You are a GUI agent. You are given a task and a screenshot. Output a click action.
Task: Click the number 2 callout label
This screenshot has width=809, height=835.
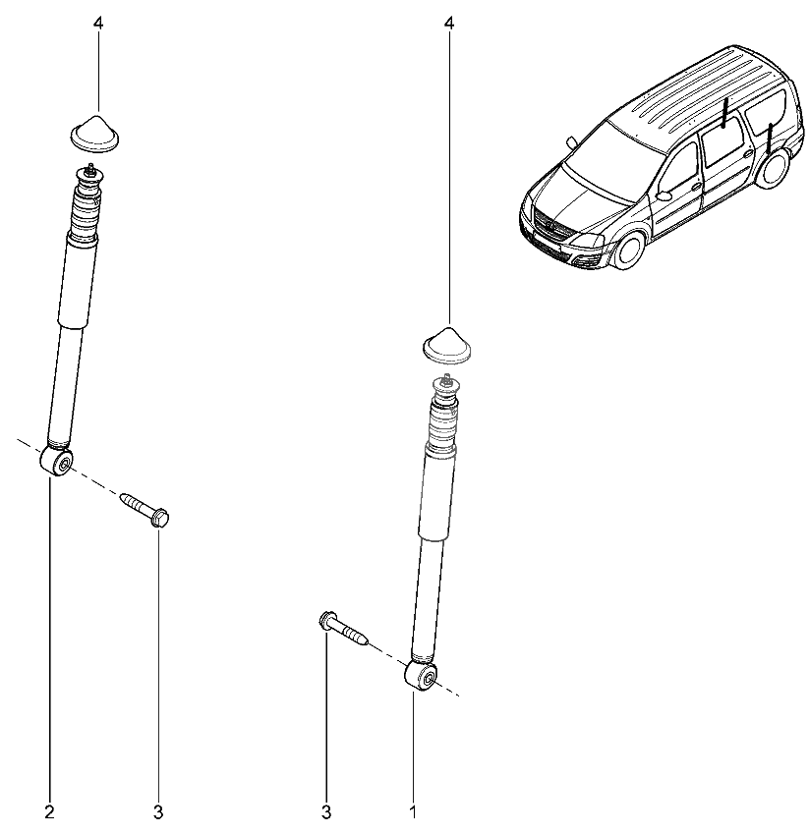tap(49, 812)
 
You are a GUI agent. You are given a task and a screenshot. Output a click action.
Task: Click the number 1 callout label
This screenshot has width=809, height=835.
tap(413, 812)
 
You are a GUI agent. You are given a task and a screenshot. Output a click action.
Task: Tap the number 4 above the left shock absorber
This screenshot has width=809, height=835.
tap(97, 24)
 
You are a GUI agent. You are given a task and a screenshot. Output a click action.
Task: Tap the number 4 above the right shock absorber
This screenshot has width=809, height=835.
tap(449, 24)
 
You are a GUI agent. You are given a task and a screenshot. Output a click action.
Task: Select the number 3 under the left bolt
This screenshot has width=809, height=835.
tap(157, 812)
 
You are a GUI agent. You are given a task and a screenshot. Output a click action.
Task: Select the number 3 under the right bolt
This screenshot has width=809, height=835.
tap(326, 812)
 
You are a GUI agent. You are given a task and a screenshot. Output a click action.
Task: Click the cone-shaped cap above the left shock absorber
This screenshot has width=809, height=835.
tap(95, 134)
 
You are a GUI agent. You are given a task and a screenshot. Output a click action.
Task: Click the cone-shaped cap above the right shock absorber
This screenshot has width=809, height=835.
tap(447, 346)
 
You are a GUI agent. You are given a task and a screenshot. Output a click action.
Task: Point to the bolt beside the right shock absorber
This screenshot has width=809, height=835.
tap(343, 628)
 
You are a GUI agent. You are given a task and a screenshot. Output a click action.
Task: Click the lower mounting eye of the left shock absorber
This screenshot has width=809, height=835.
tap(56, 461)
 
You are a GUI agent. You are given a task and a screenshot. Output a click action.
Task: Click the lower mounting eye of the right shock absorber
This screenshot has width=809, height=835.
tap(421, 676)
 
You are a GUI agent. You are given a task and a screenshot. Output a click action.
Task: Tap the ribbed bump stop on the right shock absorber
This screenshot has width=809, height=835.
tap(443, 421)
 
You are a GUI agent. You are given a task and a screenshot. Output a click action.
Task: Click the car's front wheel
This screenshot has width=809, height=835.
tap(629, 250)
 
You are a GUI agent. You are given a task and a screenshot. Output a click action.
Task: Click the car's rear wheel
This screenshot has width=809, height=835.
tap(773, 168)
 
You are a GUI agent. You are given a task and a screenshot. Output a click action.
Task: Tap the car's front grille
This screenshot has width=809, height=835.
tap(550, 224)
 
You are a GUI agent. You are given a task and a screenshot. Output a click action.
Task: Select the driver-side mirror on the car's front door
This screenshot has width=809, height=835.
tap(664, 195)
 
